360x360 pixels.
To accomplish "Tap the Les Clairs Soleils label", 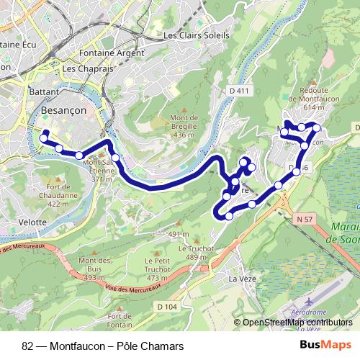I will (x=197, y=35).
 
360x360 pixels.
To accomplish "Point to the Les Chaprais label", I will (x=89, y=69).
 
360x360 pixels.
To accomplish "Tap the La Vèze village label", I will (x=243, y=278).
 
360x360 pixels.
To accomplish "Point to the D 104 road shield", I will (x=165, y=307).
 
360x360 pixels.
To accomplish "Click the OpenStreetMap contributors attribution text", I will (x=297, y=322).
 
